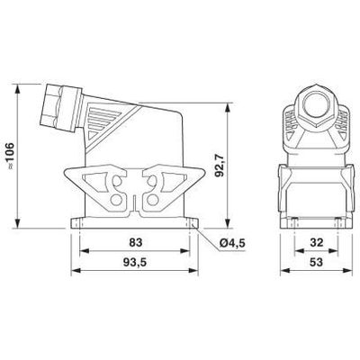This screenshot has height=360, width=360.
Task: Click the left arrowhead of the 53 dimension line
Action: tap(280, 275)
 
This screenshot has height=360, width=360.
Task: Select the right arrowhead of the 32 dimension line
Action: tap(332, 252)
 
